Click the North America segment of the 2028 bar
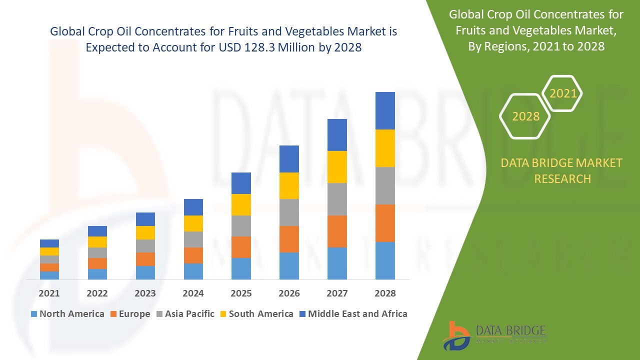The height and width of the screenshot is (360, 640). click(385, 260)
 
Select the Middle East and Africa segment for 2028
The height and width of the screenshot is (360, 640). click(385, 110)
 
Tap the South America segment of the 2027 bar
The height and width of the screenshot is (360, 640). click(337, 167)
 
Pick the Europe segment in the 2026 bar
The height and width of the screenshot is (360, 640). click(289, 239)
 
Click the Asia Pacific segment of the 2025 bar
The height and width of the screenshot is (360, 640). click(241, 226)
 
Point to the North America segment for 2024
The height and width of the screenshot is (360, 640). click(193, 271)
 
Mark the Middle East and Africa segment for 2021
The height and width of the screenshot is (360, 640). click(49, 243)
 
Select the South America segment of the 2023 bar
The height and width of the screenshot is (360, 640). click(145, 232)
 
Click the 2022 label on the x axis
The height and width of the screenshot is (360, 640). click(97, 293)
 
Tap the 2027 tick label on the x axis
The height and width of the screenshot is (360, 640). click(337, 293)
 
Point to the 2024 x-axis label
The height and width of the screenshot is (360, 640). click(193, 293)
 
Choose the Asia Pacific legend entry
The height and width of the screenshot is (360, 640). click(189, 314)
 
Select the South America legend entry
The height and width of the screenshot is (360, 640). click(261, 314)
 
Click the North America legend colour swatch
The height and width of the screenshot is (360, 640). click(34, 314)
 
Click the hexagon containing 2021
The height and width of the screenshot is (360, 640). click(563, 93)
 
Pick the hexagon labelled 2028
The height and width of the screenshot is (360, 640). click(525, 116)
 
